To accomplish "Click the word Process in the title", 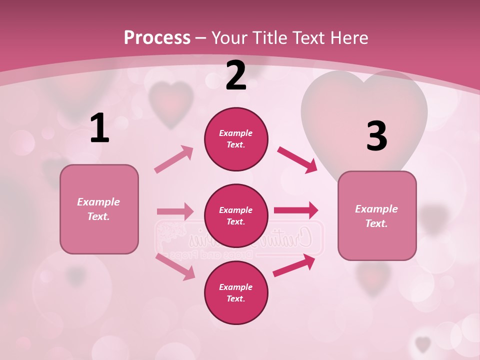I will point(157,38).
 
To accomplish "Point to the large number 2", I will point(236,75).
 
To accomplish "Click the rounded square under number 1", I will point(99,209).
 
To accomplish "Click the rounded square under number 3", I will point(377,215).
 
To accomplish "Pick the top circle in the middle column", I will point(236,139).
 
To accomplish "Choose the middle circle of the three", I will point(236,215).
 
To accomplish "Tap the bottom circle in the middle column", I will point(236,292).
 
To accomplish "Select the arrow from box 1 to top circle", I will point(174,159).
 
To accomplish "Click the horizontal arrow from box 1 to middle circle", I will point(175,211).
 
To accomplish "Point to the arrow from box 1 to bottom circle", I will point(175,266).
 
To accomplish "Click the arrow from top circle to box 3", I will point(297,160).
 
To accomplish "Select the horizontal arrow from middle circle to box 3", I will point(295,210).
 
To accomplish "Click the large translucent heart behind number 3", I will point(364,107).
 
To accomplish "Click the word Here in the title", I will point(350,38).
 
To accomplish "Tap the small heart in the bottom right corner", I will point(423,343).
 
